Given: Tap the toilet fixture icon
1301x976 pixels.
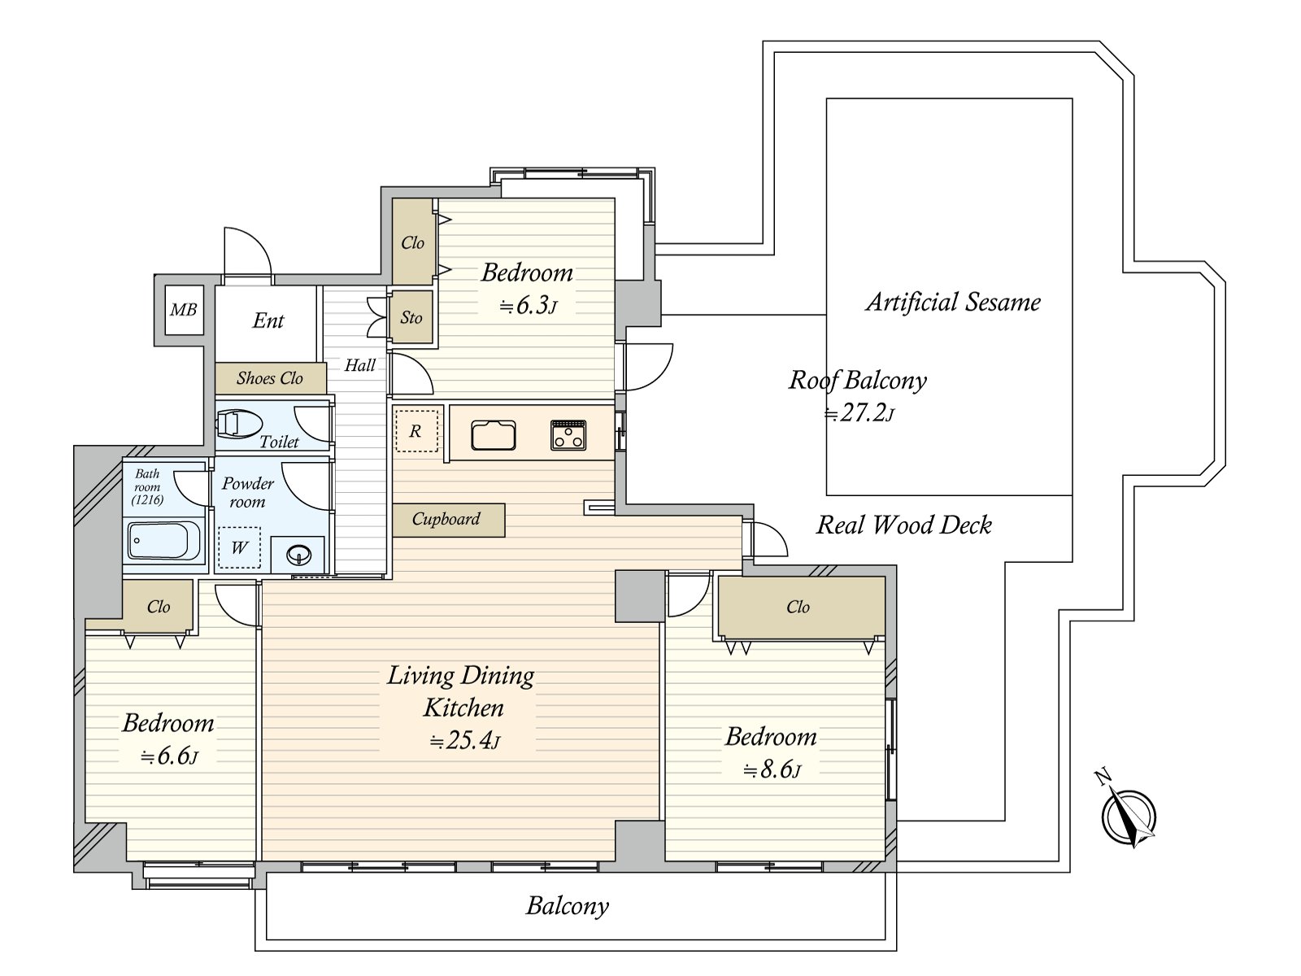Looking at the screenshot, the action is coord(240,425).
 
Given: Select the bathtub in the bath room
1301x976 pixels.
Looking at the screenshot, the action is coord(165,540).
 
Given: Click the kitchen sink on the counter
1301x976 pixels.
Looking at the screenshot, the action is coord(493,436).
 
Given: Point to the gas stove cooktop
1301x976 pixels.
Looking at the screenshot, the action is coord(568,435).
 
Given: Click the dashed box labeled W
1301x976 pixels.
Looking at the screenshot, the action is coord(239,547).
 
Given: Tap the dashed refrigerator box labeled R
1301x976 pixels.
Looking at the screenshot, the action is coord(416,431).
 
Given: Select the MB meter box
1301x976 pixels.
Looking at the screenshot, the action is coord(185,310).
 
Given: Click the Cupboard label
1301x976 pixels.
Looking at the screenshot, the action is coord(446,519).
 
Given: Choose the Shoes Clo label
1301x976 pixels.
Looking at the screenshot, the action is coord(270,378).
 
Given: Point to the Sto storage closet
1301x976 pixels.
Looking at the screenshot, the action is coord(411,317).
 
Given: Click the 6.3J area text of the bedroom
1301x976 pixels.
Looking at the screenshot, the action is coord(528,306).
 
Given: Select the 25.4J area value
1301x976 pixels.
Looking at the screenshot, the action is coord(466,741).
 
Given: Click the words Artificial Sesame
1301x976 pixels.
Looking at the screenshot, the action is coord(953,302).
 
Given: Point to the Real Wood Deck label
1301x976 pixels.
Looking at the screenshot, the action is coord(904,525).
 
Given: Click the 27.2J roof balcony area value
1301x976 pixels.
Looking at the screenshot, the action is coord(859,413).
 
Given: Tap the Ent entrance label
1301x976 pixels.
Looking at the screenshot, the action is coord(268,320).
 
